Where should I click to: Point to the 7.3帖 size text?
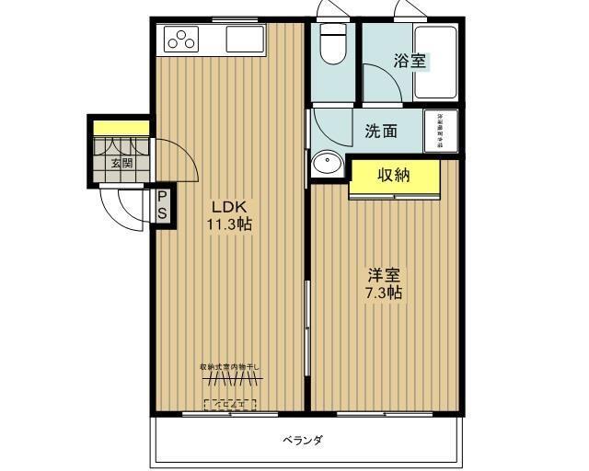coord(384,293)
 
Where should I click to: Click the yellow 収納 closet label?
coord(393,176)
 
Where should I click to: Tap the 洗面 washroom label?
coord(380,131)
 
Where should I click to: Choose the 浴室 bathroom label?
coord(410,62)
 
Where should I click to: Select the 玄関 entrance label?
coord(121,164)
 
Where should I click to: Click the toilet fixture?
coord(332,42)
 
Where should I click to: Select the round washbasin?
coord(326,164)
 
